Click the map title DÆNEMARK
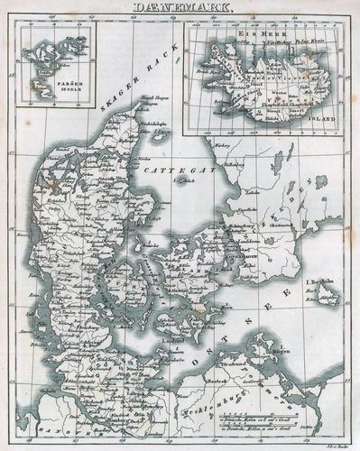pos(180,7)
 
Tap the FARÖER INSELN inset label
pos(41,88)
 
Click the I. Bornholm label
pos(321,285)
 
